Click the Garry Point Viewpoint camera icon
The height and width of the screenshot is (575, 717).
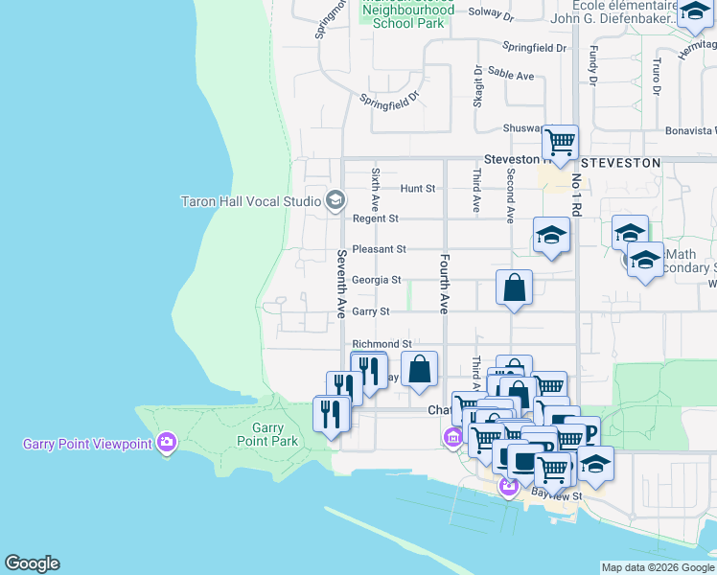[168, 443]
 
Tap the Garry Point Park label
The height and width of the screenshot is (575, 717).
[274, 434]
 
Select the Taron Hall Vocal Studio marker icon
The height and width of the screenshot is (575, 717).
[335, 200]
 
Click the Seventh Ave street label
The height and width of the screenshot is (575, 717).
[341, 284]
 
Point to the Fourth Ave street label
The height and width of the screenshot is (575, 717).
[445, 284]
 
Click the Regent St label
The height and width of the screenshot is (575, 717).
[375, 218]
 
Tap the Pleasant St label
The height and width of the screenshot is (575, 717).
[380, 249]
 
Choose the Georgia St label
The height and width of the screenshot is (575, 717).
[376, 280]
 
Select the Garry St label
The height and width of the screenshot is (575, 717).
[371, 311]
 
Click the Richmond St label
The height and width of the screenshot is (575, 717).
[382, 343]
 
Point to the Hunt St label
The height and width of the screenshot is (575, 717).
[418, 188]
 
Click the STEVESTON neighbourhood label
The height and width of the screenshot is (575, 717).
[626, 163]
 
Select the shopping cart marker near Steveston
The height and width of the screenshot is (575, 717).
[560, 143]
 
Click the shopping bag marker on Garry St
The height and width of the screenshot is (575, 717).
[515, 287]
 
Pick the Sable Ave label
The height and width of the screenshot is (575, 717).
[511, 75]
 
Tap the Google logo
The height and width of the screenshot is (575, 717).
[32, 563]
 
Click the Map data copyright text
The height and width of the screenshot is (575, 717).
[657, 567]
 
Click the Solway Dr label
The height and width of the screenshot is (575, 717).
[492, 15]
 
